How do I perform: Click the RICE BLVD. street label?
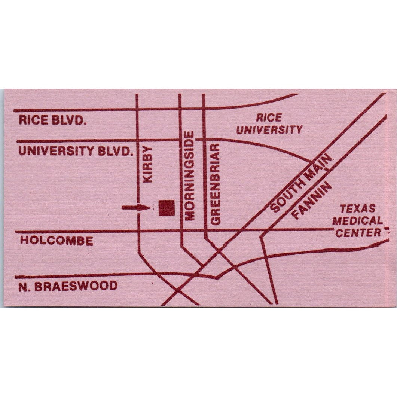(x=53, y=121)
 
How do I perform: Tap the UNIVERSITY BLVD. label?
(x=76, y=151)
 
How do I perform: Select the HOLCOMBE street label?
(x=57, y=241)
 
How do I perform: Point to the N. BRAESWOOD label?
(x=68, y=287)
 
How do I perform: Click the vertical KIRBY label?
(x=149, y=164)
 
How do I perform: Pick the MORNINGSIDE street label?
(x=190, y=175)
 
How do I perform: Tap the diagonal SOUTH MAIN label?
(x=301, y=184)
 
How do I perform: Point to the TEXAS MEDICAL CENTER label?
(x=358, y=221)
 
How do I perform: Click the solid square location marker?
(x=167, y=208)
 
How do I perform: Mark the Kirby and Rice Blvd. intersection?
(x=137, y=110)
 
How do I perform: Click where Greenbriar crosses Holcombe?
(x=204, y=230)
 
